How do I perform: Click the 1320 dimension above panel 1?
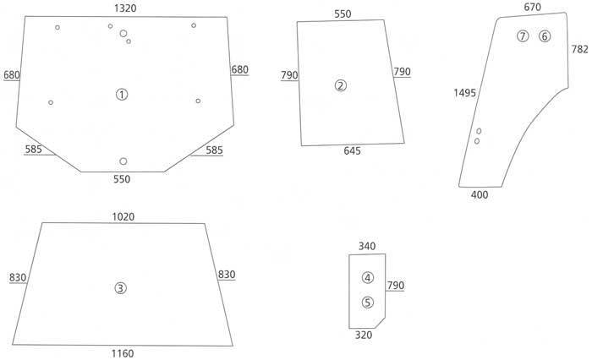[x=125, y=8]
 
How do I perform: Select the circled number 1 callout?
[x=122, y=95]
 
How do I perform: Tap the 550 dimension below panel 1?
[x=122, y=179]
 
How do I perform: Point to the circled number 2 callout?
[x=341, y=85]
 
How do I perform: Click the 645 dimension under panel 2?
[x=353, y=151]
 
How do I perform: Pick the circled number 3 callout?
[x=120, y=288]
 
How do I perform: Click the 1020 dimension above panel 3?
[x=123, y=217]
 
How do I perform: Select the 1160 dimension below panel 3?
[x=123, y=353]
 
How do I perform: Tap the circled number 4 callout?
[x=368, y=278]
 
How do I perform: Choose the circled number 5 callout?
[x=367, y=303]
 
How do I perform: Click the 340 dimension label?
[x=367, y=247]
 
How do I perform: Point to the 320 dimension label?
[x=364, y=335]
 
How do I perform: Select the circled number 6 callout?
[x=545, y=36]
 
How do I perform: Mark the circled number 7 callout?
[x=523, y=36]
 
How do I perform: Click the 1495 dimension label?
[x=465, y=93]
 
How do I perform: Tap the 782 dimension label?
[x=580, y=49]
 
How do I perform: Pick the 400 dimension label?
[x=480, y=194]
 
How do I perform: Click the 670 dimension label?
[x=532, y=7]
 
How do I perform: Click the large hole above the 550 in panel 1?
[x=123, y=161]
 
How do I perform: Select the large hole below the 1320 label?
[x=123, y=34]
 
